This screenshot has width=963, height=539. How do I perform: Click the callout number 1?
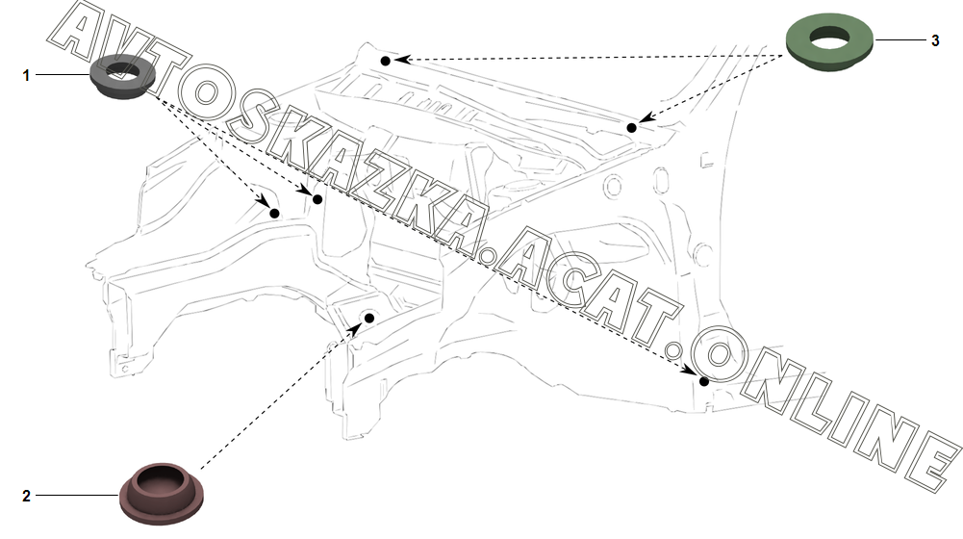click(27, 74)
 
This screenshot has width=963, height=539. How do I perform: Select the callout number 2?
click(27, 496)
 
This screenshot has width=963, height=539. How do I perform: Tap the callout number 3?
click(934, 40)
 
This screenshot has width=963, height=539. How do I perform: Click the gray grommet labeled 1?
click(123, 81)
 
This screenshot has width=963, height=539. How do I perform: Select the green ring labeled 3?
click(830, 42)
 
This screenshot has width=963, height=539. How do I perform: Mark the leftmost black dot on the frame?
click(274, 212)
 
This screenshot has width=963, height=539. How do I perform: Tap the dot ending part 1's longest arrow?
click(704, 381)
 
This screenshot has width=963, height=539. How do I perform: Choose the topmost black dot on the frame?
click(385, 61)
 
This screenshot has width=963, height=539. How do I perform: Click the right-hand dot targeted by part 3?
click(632, 127)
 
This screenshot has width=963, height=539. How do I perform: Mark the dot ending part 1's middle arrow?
click(317, 197)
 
